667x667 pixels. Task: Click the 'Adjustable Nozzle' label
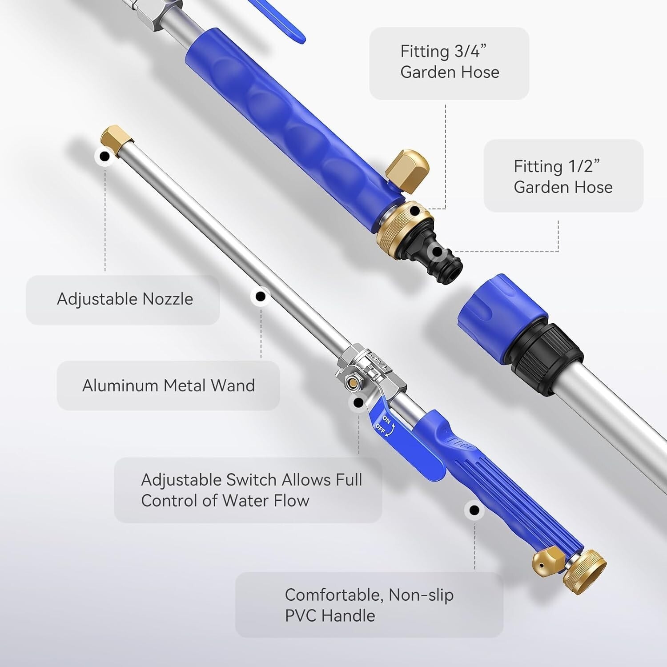point(125,299)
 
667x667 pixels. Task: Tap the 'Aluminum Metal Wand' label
point(169,386)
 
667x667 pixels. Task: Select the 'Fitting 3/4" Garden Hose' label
point(450,62)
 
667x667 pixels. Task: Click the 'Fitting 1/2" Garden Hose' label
point(563,177)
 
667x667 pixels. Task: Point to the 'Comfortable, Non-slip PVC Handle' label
point(369,605)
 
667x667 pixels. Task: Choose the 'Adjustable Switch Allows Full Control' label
point(251,490)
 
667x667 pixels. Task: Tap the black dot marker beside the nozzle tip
point(104,157)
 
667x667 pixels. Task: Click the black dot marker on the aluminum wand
point(261,296)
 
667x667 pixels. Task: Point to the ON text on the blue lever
point(387,420)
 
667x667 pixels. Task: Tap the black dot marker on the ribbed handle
point(474,510)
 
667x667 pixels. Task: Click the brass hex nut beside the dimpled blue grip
point(408,171)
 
